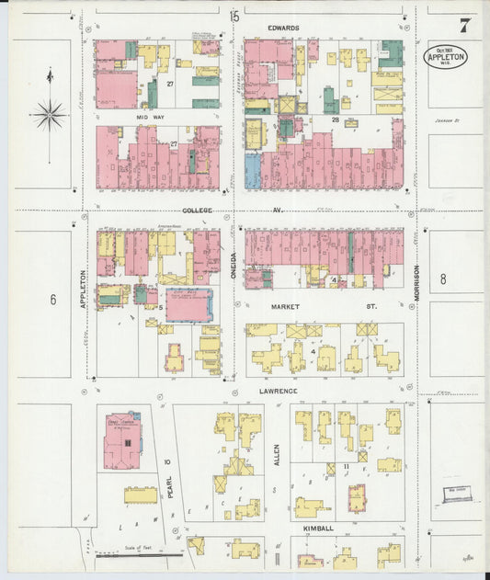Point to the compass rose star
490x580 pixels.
(48, 115)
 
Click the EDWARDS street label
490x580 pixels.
(283, 28)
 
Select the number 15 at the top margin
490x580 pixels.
(234, 16)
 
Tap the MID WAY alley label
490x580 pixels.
(149, 119)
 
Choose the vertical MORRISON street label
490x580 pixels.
(416, 282)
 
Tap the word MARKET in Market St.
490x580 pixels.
(288, 305)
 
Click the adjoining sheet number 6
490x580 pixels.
(53, 299)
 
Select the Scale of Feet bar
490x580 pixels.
(138, 555)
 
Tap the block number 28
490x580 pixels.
(336, 119)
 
